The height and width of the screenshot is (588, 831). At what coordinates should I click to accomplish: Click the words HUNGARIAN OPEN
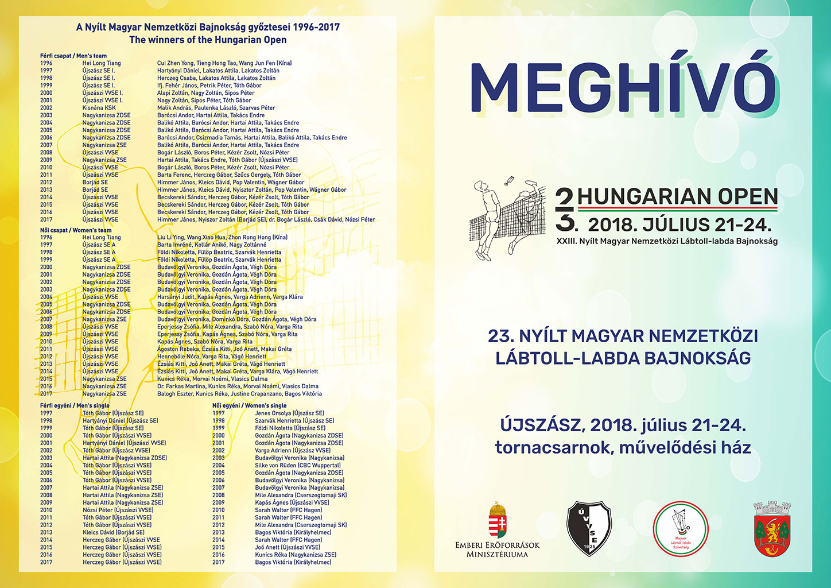click(x=678, y=197)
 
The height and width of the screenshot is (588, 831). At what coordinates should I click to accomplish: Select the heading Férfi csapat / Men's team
click(x=73, y=56)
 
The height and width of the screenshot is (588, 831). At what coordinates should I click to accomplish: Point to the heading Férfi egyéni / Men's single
click(x=75, y=405)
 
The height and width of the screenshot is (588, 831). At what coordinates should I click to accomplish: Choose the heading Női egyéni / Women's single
click(x=250, y=405)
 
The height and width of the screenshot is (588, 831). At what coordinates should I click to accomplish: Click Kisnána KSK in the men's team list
click(x=99, y=108)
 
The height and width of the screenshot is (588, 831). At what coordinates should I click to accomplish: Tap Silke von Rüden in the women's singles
click(x=278, y=465)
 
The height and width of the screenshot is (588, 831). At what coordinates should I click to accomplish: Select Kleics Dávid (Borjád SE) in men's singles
click(x=114, y=532)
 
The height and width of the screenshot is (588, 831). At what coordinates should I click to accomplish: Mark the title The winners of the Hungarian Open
click(x=208, y=40)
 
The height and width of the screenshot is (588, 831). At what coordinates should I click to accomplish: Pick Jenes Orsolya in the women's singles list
click(x=273, y=413)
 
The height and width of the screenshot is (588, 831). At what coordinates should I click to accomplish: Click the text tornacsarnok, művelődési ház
click(x=623, y=447)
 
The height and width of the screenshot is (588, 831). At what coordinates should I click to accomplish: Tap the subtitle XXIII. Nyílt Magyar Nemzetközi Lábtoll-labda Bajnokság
click(x=667, y=241)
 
